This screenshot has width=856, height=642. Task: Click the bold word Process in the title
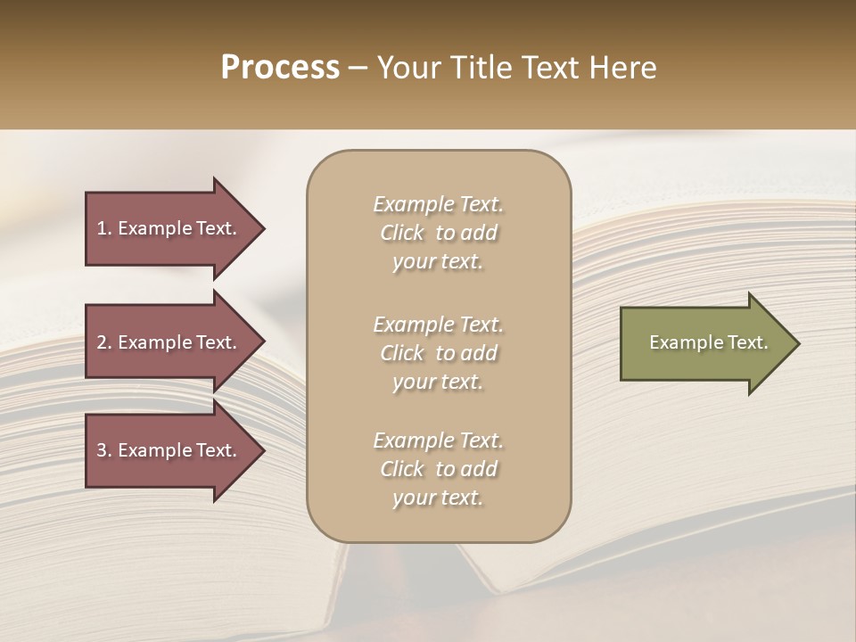click(x=280, y=68)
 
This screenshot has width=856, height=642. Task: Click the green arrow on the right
click(x=704, y=343)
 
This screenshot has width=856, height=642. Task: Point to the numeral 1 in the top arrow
click(x=102, y=228)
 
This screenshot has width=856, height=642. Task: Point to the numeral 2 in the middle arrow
click(x=102, y=342)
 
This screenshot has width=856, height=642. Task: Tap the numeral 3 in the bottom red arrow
click(x=102, y=450)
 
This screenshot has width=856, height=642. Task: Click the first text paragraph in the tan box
click(x=438, y=233)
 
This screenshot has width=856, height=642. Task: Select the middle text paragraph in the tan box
click(x=438, y=353)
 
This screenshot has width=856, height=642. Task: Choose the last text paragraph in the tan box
click(x=438, y=469)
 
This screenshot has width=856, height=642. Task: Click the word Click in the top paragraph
click(x=402, y=233)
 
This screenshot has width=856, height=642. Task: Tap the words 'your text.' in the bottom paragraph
click(x=438, y=498)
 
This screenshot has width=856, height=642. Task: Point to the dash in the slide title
click(x=358, y=70)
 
